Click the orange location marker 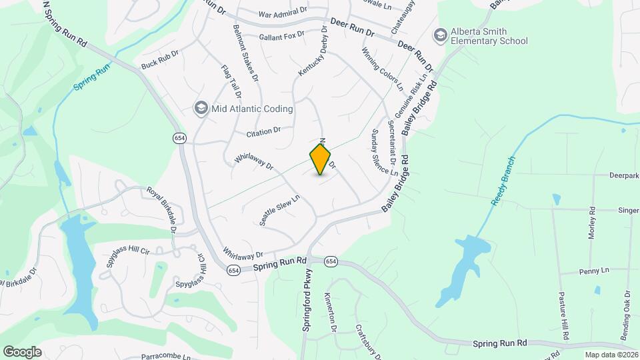click(321, 159)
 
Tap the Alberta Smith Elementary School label click(489, 36)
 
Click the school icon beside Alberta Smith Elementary click(440, 34)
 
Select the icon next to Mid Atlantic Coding click(201, 108)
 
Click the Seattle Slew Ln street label click(280, 210)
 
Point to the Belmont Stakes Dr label click(245, 53)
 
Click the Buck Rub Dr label click(160, 60)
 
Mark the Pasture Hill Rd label click(563, 316)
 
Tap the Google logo click(22, 351)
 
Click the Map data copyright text click(611, 355)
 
